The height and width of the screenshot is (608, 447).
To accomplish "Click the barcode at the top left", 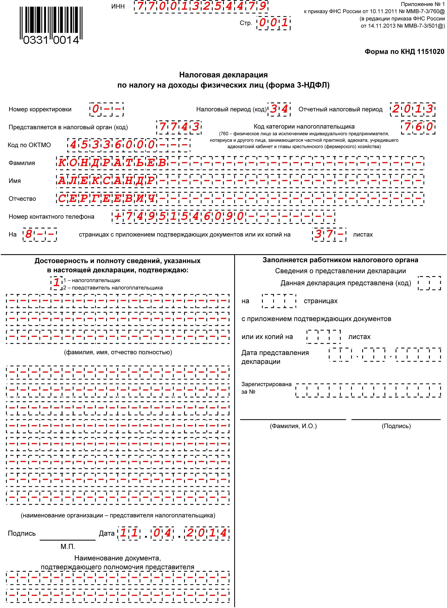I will [x=51, y=25].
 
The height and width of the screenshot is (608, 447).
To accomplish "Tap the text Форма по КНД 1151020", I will [x=404, y=51].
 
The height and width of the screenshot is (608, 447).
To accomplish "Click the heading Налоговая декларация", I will [x=223, y=75].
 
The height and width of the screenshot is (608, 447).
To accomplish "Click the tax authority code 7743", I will [x=179, y=127].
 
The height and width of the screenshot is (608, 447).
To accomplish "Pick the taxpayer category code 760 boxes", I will [x=418, y=127].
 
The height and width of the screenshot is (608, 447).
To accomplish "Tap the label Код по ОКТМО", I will [x=29, y=145].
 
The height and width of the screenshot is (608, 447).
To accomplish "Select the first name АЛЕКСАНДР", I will [x=106, y=181].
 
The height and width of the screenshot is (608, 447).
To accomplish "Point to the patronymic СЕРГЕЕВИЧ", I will [x=106, y=199].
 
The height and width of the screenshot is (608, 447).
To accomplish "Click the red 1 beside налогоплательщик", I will [x=56, y=283].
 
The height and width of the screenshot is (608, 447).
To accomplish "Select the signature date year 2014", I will [x=206, y=533].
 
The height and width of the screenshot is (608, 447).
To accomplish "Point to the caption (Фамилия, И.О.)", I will [x=293, y=426].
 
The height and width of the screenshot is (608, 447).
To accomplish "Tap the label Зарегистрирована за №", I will [x=266, y=388].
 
